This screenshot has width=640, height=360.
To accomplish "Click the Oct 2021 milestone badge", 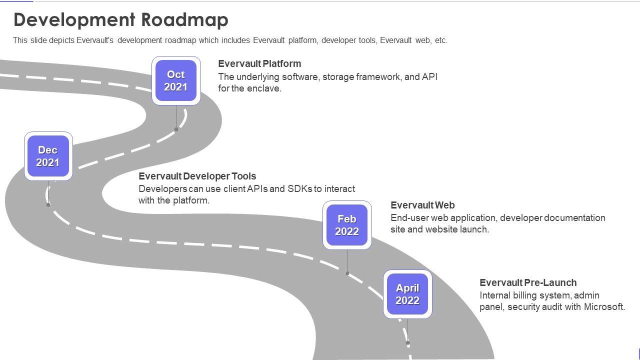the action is pyautogui.click(x=176, y=80).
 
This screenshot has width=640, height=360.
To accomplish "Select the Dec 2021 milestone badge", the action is pyautogui.click(x=48, y=156).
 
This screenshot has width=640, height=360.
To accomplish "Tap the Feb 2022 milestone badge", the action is pyautogui.click(x=347, y=225).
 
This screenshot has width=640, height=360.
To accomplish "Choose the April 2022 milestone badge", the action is pyautogui.click(x=407, y=294).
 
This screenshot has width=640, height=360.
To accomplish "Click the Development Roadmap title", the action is pyautogui.click(x=121, y=19).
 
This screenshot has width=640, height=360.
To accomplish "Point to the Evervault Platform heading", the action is pyautogui.click(x=259, y=63).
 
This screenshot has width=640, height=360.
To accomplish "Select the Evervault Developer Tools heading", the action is pyautogui.click(x=197, y=176).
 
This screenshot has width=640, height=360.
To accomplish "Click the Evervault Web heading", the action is pyautogui.click(x=422, y=205).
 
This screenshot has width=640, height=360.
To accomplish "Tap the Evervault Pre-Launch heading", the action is pyautogui.click(x=528, y=282).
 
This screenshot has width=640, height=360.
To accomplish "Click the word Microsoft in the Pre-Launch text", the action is pyautogui.click(x=604, y=306).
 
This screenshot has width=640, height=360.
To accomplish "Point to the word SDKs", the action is pyautogui.click(x=299, y=189).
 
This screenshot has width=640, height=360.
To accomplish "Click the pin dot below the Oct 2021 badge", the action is pyautogui.click(x=176, y=129).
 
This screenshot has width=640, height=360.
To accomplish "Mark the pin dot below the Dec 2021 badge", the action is pyautogui.click(x=48, y=205).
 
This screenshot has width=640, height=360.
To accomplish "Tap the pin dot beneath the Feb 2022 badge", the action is pyautogui.click(x=347, y=273).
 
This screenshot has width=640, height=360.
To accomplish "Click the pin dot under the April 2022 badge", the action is pyautogui.click(x=407, y=343).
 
